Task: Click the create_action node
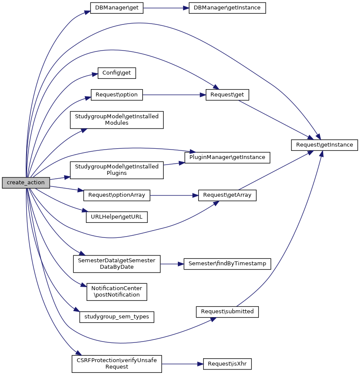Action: pos(26,183)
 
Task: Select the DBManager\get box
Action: pos(116,8)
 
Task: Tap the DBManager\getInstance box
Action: pos(227,8)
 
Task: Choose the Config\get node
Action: pos(117,73)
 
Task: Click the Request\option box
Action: pos(117,95)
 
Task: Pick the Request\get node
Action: pos(227,95)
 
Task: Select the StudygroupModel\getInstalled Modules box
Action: pos(117,120)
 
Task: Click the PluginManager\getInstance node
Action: pos(227,157)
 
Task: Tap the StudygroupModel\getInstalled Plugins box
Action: pos(117,170)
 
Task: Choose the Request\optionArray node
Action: pos(117,195)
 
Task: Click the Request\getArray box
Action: pos(227,195)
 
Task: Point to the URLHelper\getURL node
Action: pos(117,217)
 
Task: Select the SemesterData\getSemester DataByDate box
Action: pos(117,264)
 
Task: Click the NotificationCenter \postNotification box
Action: pos(117,291)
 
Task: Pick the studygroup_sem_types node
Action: pos(117,317)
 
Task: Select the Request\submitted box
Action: pos(227,312)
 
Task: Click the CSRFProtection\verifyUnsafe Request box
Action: pos(117,364)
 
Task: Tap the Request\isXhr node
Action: pos(227,364)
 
